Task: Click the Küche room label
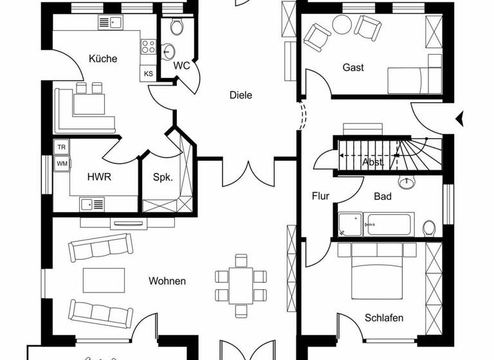coord(103,59)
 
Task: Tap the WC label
coord(181,66)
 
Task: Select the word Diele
coord(241,95)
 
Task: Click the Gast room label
coord(353,67)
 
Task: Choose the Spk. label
coord(162,177)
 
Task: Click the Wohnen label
coord(167,281)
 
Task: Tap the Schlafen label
coord(384,318)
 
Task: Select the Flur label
coord(320,196)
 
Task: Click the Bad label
coord(383,196)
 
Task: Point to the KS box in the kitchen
coord(148,74)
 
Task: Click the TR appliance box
coord(62,147)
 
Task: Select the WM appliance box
coord(62,163)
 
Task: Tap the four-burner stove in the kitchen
coord(149,46)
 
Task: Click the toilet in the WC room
coord(177,26)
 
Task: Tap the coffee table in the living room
coord(104,280)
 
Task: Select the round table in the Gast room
coord(342,24)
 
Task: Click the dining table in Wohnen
coord(241,285)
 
